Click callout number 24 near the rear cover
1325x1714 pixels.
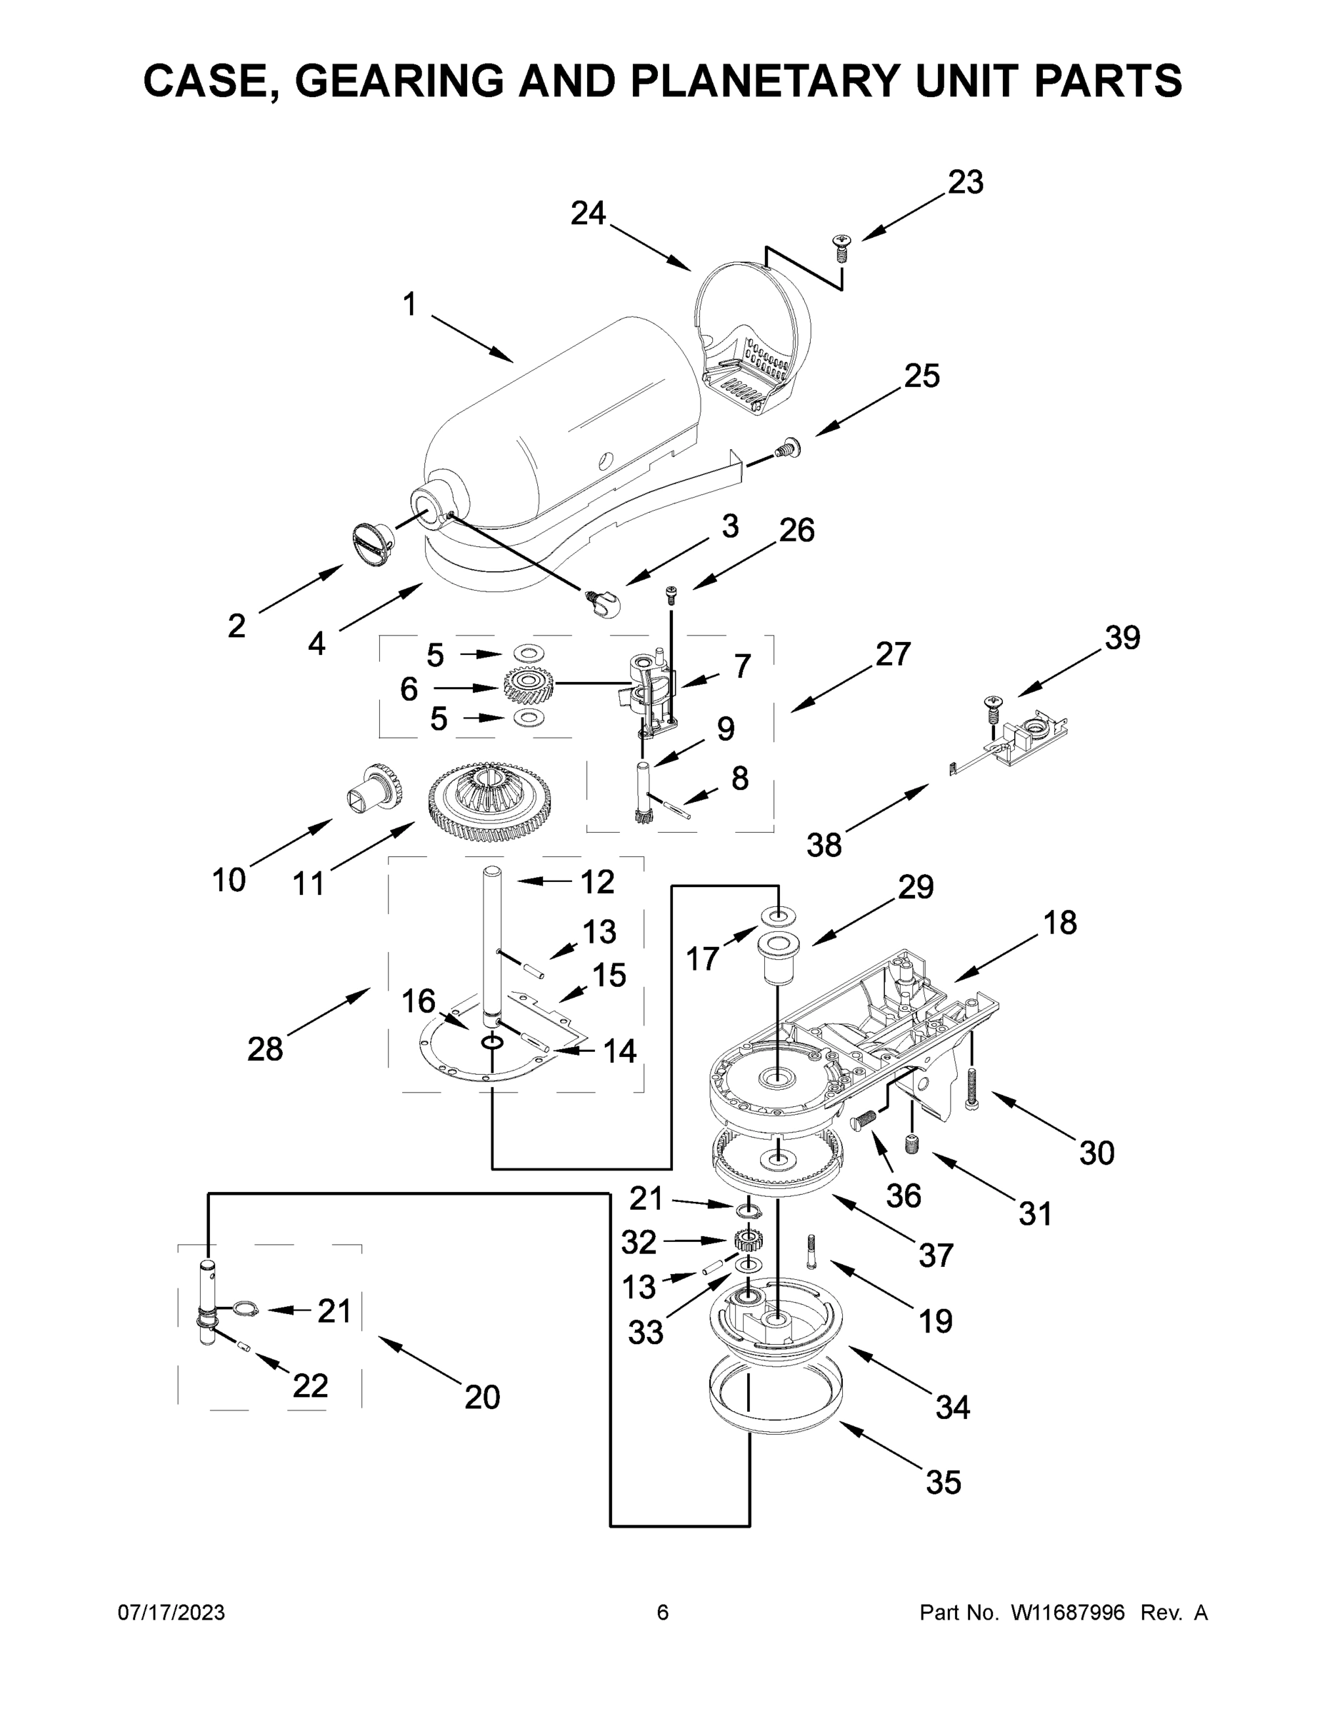[588, 213]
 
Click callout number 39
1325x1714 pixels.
[1121, 637]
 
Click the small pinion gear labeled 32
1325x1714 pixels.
[748, 1241]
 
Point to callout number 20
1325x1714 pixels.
[481, 1397]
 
